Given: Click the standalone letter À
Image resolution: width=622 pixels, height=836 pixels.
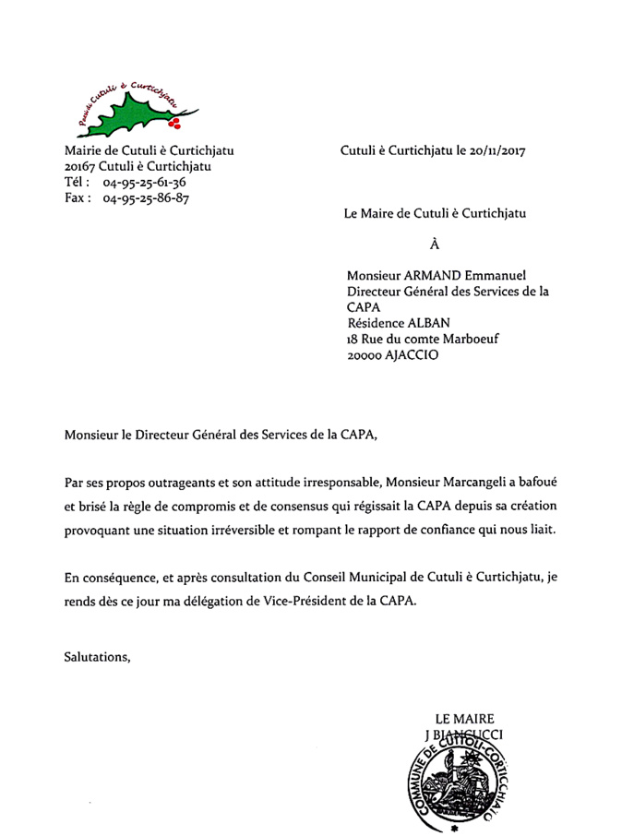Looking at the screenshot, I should click(x=435, y=245).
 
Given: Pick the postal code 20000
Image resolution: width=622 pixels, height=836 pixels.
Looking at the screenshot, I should click(x=367, y=354).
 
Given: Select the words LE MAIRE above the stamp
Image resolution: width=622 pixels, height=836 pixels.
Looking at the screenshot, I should click(x=464, y=719).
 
